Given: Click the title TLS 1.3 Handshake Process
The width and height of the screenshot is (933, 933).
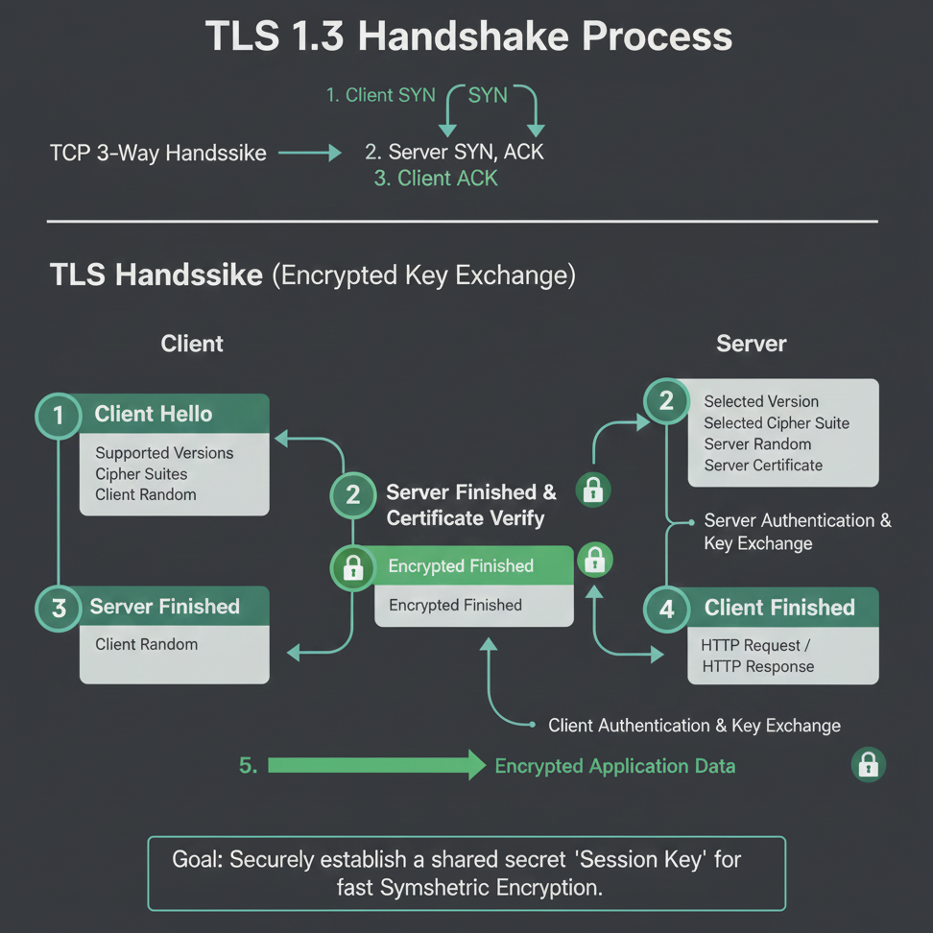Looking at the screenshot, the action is tap(468, 36).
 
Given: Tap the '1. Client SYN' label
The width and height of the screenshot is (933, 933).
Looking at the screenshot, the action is tap(381, 95).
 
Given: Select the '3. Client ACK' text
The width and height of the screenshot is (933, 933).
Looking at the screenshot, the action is tap(436, 179).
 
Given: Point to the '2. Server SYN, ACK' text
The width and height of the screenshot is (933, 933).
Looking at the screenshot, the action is tap(454, 153).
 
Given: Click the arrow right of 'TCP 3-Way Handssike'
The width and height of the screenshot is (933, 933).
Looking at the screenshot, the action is tap(309, 153).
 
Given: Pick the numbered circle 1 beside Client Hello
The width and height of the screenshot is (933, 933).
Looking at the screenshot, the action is tap(59, 416).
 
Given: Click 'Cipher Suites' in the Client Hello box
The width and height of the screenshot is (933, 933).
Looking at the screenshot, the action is tap(141, 474).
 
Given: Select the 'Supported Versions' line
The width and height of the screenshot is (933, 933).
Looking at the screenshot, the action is tap(164, 453).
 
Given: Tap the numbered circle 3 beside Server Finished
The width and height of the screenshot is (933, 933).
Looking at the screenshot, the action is tap(59, 609).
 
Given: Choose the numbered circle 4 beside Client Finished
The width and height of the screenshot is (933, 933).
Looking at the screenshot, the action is tap(666, 609).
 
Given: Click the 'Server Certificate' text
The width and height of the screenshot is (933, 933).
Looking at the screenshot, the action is tap(763, 466).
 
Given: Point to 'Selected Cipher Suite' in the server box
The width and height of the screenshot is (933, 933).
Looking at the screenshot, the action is tap(777, 423).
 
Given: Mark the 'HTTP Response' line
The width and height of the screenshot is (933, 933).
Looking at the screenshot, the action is tap(758, 666).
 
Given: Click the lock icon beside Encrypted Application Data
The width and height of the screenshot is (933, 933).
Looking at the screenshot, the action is tap(868, 765).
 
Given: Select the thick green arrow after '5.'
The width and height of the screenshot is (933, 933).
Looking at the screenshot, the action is tap(376, 765).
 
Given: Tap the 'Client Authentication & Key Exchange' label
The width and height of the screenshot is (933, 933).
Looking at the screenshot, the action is tap(694, 726).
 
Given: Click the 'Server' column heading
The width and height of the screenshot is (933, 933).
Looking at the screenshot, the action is tap(751, 344).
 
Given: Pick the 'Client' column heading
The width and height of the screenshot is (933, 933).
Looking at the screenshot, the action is tap(192, 344).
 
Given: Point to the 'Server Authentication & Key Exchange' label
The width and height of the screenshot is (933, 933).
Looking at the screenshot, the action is tap(798, 532).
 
